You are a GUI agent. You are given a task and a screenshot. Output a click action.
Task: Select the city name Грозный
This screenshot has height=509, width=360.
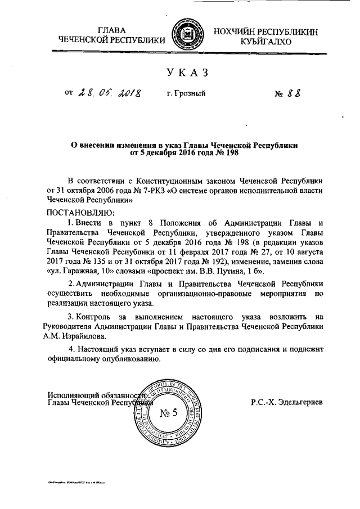186,94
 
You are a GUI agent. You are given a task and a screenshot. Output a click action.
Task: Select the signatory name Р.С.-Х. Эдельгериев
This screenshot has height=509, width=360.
287,403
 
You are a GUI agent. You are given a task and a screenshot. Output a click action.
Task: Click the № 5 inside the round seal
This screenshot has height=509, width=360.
168,415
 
